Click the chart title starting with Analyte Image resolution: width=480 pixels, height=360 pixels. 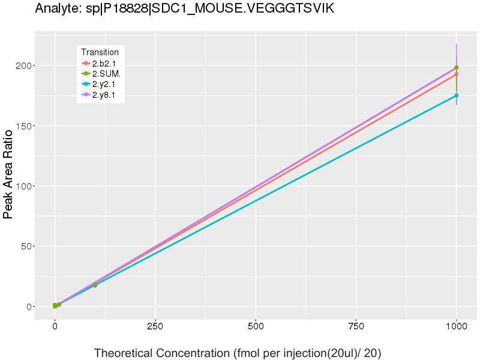pyautogui.click(x=185, y=9)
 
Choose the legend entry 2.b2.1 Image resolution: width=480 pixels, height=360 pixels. pyautogui.click(x=104, y=64)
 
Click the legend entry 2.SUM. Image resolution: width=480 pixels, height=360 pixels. pyautogui.click(x=106, y=74)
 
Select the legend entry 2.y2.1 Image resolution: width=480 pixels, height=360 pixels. pyautogui.click(x=104, y=84)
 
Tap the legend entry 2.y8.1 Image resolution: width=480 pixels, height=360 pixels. pyautogui.click(x=104, y=94)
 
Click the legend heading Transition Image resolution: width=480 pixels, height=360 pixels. pyautogui.click(x=100, y=52)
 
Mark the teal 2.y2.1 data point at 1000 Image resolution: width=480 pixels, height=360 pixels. pyautogui.click(x=456, y=95)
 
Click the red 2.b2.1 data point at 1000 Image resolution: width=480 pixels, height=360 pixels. pyautogui.click(x=456, y=74)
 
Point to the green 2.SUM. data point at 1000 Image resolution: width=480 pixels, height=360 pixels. pyautogui.click(x=456, y=68)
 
